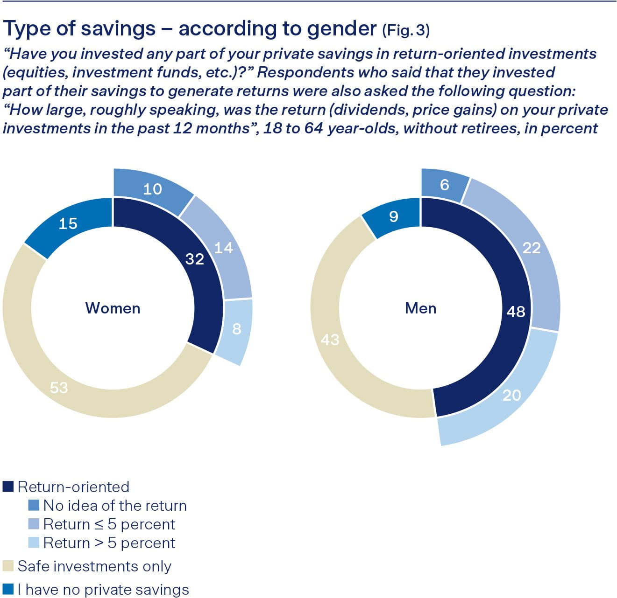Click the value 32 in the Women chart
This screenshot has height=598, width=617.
click(x=195, y=259)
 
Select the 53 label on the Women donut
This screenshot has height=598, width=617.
click(x=59, y=387)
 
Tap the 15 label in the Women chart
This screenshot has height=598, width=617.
click(x=68, y=223)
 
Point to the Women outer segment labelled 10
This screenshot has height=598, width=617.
click(x=152, y=189)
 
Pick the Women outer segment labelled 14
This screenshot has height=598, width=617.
click(x=223, y=248)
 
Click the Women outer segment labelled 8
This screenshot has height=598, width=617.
click(x=236, y=329)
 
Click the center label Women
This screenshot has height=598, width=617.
click(x=113, y=308)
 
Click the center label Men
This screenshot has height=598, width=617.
click(x=420, y=308)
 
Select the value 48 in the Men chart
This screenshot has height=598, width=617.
click(x=516, y=311)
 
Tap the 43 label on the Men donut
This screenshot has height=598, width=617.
click(x=330, y=340)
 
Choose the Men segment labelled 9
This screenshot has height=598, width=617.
click(x=394, y=216)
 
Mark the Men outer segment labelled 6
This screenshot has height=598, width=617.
click(x=444, y=185)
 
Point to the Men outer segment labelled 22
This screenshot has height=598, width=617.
click(x=532, y=248)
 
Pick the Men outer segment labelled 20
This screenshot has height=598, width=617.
click(x=511, y=395)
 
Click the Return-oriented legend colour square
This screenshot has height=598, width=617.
click(x=8, y=487)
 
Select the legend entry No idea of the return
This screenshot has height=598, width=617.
click(x=114, y=506)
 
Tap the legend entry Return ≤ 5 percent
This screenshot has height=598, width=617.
click(x=109, y=524)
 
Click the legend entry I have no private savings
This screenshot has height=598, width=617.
click(x=103, y=590)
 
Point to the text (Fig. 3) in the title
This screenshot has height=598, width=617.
click(x=406, y=30)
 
